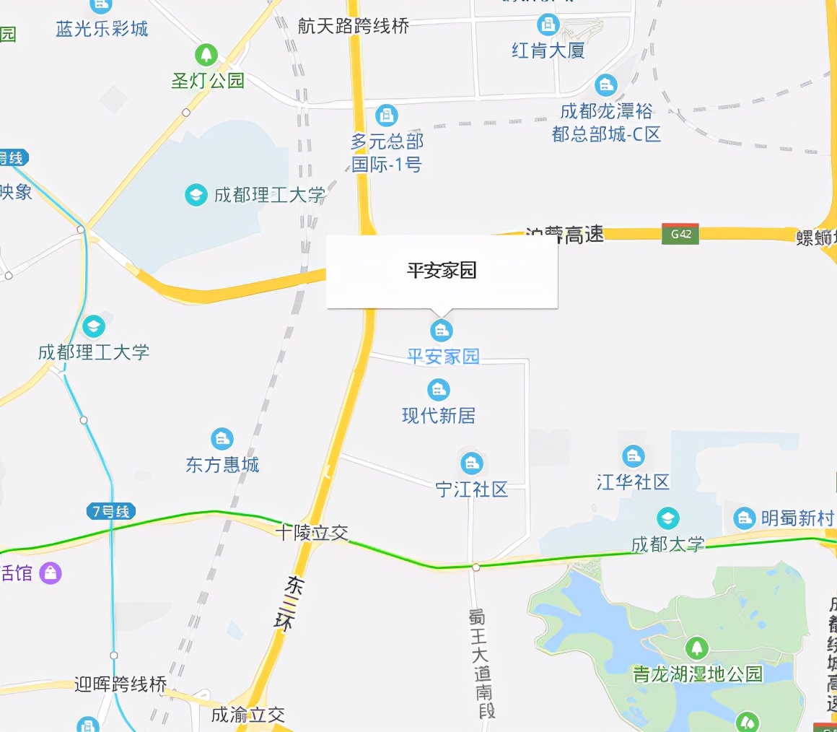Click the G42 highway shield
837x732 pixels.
coord(680,234)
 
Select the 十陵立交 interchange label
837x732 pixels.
coord(312,533)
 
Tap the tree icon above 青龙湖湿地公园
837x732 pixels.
coord(696,648)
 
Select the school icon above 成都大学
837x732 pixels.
coord(667,518)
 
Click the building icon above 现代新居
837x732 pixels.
coord(438,390)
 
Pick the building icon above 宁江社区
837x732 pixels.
coord(471,463)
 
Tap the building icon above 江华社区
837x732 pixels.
coord(633,456)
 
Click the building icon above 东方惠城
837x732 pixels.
coord(222,438)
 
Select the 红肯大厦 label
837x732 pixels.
coord(548,51)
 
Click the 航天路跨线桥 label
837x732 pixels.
coord(354,27)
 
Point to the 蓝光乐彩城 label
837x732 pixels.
coord(102,29)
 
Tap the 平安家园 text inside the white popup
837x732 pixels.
coord(442,271)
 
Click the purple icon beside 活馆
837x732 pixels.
coord(51,573)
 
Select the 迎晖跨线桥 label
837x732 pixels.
coord(120,684)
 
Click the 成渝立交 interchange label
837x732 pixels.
coord(248,715)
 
